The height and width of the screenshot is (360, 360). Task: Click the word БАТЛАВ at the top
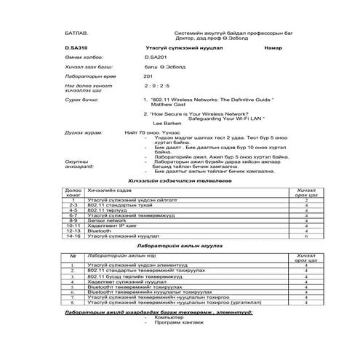tap(76, 33)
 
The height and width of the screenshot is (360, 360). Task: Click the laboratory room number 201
tap(148, 76)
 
